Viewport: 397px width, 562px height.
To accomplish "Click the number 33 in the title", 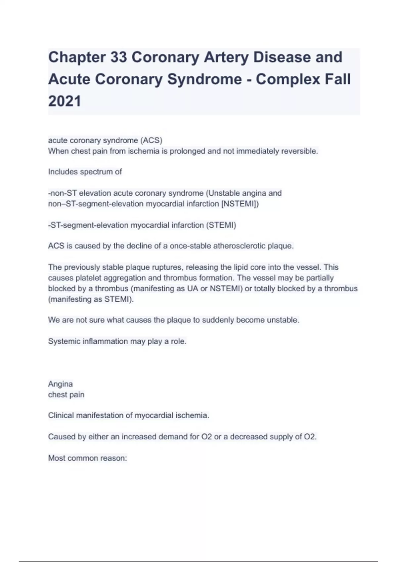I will (118, 57).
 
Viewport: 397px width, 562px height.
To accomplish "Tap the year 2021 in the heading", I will (65, 101).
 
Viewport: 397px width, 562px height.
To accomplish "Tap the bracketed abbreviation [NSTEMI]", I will (240, 204).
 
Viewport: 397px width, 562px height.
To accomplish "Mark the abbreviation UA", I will (193, 288).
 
